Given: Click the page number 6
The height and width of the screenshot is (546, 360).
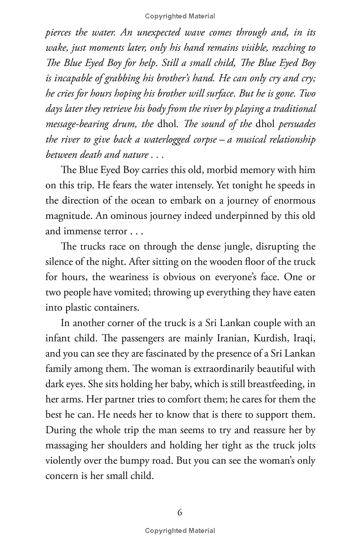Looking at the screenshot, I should point(180,512).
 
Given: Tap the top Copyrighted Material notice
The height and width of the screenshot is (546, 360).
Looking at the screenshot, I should point(180,16).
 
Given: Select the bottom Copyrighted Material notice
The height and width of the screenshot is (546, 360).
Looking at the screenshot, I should point(180,531).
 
